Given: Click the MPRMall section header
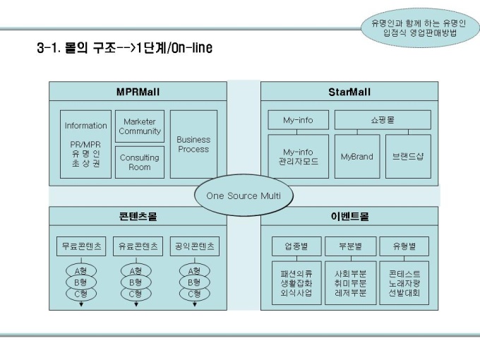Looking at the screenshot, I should pos(138,91).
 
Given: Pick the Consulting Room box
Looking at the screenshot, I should pos(140,162).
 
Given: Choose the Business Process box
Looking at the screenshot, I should pos(193,144).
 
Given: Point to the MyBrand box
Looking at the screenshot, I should pos(356,156).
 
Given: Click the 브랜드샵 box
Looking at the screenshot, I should pos(407,156).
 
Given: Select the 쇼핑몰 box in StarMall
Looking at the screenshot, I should pos(383,120).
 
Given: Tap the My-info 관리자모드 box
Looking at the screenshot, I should pos(298,156).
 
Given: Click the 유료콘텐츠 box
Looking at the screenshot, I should pos(137,246).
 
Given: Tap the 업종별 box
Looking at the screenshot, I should pos(296,246).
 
